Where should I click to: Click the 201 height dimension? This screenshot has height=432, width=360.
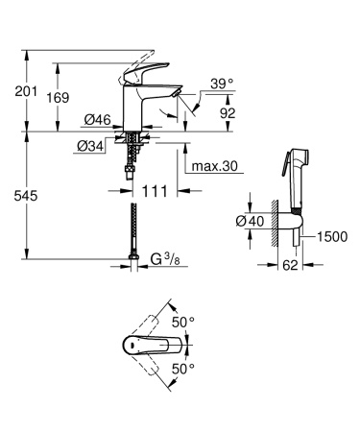coord(26,93)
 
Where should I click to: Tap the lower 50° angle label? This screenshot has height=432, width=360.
coord(182,368)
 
